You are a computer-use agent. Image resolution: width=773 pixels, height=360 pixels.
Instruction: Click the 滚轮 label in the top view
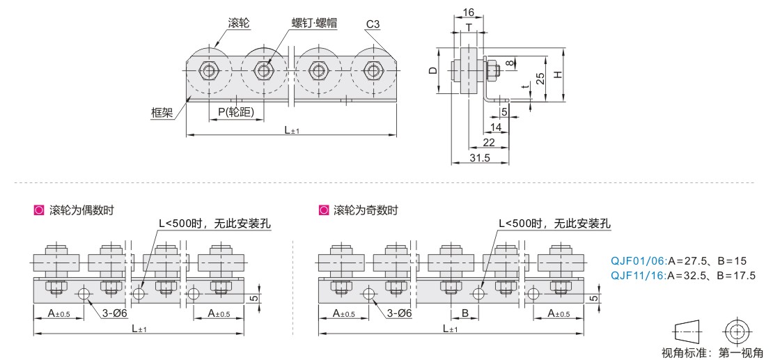(239, 23)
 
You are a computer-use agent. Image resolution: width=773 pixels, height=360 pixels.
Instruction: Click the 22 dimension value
(489, 143)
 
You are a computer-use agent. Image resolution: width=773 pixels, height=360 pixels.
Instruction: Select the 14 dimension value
(495, 127)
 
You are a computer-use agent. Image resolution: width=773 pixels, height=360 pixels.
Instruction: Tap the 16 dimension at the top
(468, 13)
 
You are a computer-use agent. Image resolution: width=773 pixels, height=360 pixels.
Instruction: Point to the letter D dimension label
(432, 70)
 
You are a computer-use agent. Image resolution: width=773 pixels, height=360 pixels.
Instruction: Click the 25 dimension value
(540, 78)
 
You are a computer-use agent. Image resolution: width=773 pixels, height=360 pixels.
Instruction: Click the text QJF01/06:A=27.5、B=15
(678, 261)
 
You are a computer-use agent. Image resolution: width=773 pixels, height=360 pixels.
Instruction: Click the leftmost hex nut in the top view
(208, 70)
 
